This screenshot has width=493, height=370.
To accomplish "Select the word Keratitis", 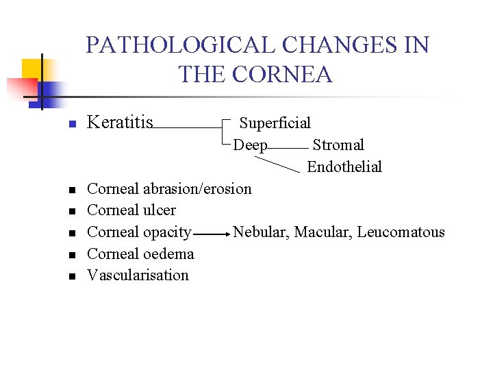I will pos(121,123).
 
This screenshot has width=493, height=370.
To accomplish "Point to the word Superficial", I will pos(275,123).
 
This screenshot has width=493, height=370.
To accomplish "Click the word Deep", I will pos(250,145).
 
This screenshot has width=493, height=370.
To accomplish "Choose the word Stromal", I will pos(338,145).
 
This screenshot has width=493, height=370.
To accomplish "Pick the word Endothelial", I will pos(344,166).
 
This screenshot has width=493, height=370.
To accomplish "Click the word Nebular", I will pos(261,232).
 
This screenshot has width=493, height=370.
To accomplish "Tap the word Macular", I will pos(323,232).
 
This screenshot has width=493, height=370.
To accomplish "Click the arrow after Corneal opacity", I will pos(212,234).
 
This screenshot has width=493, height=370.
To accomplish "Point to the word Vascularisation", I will pos(138,275).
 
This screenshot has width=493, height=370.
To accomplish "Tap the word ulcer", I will pos(159,210).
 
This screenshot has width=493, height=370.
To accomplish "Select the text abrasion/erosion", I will pos(197,188).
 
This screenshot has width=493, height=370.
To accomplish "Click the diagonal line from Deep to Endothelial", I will pos(277,163).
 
